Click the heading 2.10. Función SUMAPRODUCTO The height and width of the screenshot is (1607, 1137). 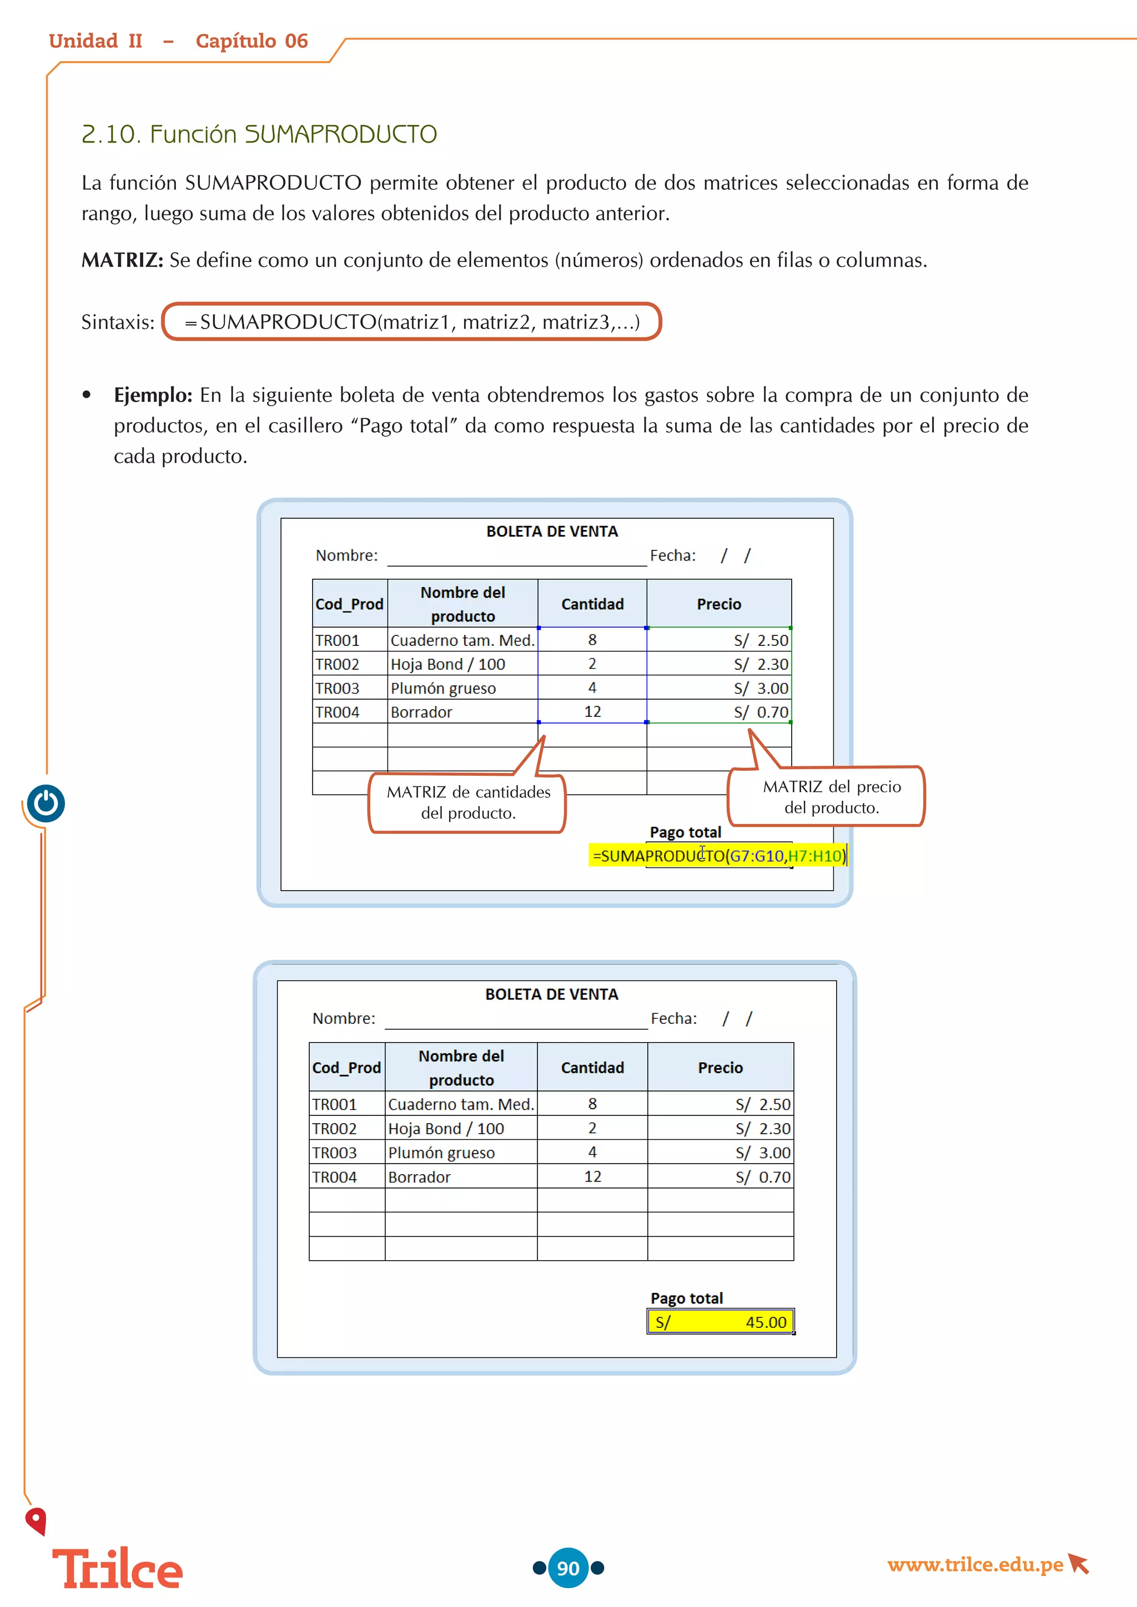[x=259, y=134]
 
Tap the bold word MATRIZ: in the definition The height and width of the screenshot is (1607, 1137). [x=122, y=260]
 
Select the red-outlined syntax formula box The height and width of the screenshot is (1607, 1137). [x=412, y=322]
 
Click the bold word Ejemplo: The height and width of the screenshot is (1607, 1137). [x=153, y=396]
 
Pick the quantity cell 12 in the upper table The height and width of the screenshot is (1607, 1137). [x=592, y=712]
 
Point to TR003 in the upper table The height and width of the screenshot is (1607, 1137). [x=337, y=689]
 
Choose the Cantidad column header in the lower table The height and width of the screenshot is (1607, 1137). [x=592, y=1068]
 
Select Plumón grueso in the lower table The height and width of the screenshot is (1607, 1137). [x=441, y=1153]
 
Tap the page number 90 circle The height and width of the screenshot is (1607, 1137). [x=568, y=1568]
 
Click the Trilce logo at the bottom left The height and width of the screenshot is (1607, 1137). [x=117, y=1569]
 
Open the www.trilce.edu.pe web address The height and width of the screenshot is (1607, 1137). [x=975, y=1564]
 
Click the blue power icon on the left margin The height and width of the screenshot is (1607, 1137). [x=46, y=803]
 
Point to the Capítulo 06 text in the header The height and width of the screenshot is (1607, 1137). [x=251, y=41]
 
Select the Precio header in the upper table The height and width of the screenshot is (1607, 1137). [x=718, y=604]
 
